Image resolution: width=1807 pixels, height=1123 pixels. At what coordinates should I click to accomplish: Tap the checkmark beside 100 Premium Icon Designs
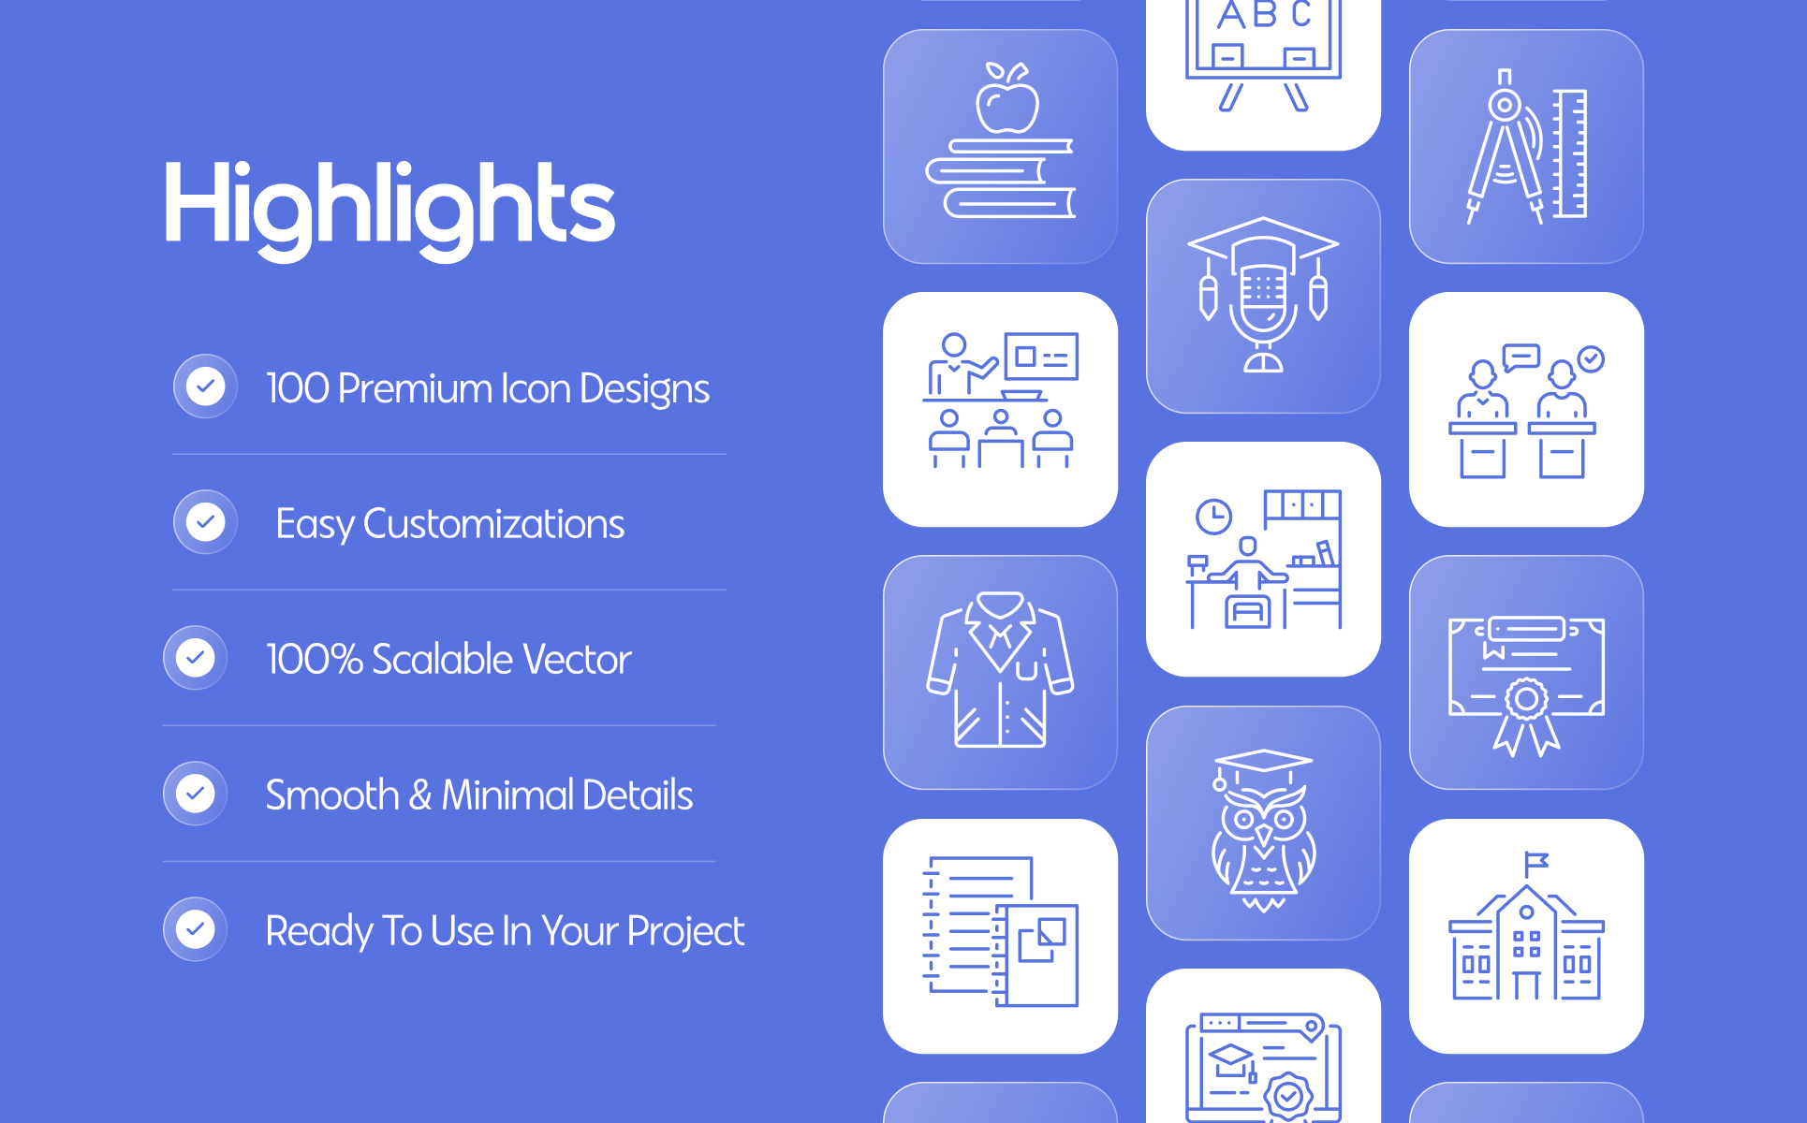(x=205, y=386)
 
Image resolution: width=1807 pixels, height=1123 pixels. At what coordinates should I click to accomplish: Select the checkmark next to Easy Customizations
(x=205, y=522)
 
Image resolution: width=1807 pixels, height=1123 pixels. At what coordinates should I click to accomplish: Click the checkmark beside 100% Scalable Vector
(x=195, y=658)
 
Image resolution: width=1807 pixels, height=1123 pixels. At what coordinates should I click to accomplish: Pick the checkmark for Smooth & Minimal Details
(x=195, y=794)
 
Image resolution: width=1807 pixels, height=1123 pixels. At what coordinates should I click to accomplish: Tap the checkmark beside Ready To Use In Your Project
(x=195, y=929)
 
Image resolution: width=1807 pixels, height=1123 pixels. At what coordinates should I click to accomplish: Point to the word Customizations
(x=493, y=524)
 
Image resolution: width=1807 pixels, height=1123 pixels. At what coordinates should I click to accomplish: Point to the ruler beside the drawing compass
(x=1570, y=153)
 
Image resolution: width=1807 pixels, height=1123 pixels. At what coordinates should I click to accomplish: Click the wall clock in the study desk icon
(x=1213, y=516)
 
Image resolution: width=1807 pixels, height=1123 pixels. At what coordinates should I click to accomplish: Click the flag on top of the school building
(x=1535, y=862)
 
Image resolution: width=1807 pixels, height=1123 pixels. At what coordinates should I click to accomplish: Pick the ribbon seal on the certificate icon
(x=1526, y=716)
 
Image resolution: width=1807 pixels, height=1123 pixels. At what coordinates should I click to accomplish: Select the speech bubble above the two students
(x=1521, y=357)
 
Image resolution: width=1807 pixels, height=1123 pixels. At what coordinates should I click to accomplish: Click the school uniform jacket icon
(x=1000, y=669)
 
